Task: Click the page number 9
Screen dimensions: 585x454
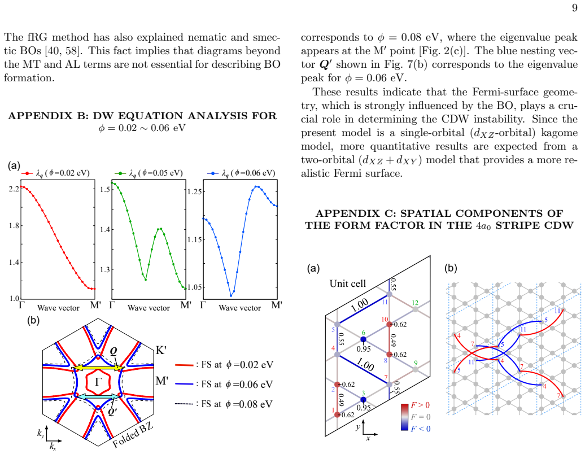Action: tap(574, 8)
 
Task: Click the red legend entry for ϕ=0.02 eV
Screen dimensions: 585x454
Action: tap(55, 173)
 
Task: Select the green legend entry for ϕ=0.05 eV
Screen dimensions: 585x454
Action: tap(149, 173)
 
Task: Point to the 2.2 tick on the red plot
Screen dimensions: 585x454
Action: tap(14, 189)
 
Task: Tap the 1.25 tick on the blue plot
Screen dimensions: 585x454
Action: tap(194, 192)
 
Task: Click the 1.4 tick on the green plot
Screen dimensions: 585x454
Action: tap(105, 229)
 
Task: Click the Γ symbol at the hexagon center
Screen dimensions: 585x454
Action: tap(98, 382)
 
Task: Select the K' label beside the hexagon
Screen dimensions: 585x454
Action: tap(161, 350)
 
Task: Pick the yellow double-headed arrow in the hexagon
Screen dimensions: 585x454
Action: tap(98, 368)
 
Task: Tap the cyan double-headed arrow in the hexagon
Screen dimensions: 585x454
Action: tap(98, 396)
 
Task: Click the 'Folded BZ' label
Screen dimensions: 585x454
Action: tap(133, 435)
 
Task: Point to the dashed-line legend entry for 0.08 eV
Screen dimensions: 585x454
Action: tap(224, 404)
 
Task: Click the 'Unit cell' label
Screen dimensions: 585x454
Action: tap(348, 283)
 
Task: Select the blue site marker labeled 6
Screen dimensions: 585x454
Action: tap(364, 339)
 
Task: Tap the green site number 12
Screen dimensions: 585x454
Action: tap(415, 303)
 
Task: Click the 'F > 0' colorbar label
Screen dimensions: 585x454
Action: tap(421, 405)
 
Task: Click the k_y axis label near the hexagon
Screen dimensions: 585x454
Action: tap(40, 433)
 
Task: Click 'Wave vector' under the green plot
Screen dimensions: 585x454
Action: tap(149, 308)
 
